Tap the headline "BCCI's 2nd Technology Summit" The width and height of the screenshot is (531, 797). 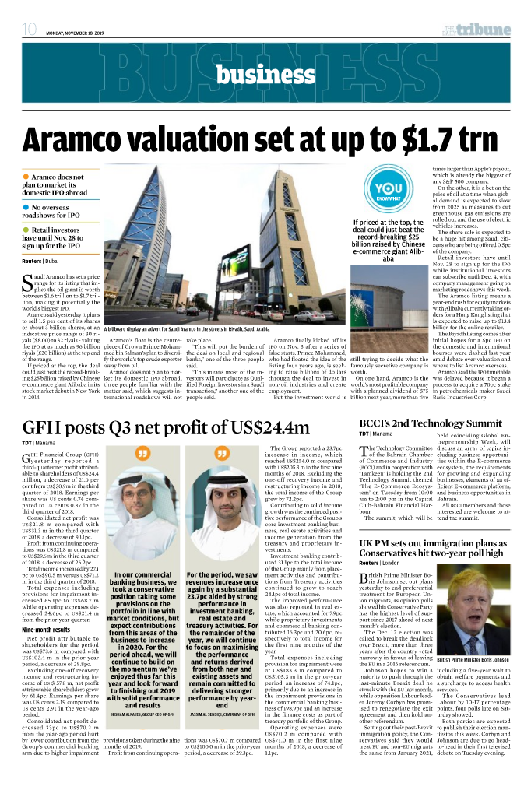[x=430, y=423]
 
